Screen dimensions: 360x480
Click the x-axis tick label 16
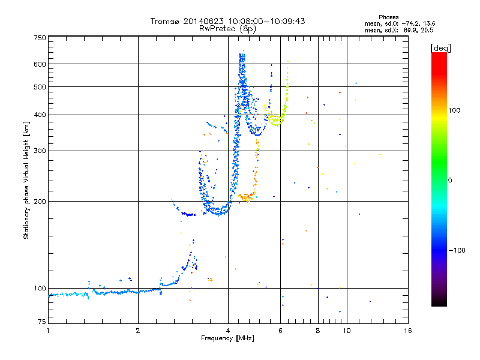pyautogui.click(x=407, y=331)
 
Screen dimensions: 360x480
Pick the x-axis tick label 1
pyautogui.click(x=48, y=331)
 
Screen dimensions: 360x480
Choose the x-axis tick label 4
pyautogui.click(x=228, y=331)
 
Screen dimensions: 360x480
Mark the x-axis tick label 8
pyautogui.click(x=318, y=331)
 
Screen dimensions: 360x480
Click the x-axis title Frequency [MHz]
pyautogui.click(x=228, y=338)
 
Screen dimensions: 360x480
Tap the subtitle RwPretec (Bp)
pyautogui.click(x=228, y=28)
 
